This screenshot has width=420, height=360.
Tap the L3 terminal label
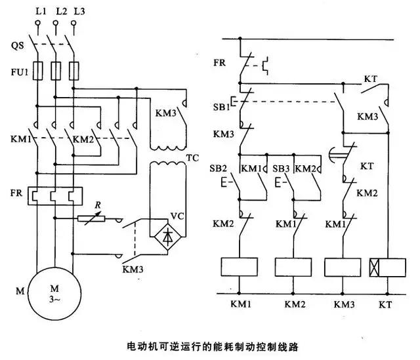pos(79,12)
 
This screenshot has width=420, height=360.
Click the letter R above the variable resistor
pos(99,205)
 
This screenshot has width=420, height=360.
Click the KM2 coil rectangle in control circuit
pos(293,267)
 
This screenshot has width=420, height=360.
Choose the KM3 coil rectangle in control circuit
pos(343,267)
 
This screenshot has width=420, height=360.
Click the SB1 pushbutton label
pos(220,106)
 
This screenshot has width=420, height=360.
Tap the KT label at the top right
pos(371,79)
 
